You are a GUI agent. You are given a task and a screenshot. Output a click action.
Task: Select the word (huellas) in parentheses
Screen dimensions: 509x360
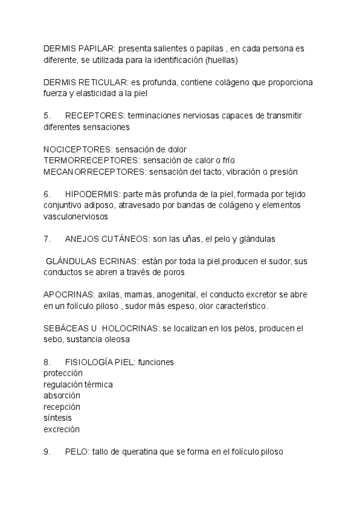(x=221, y=59)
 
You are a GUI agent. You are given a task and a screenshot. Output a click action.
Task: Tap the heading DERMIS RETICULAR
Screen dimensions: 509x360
(x=85, y=82)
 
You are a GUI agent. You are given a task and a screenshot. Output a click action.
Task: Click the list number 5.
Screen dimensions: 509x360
(x=47, y=116)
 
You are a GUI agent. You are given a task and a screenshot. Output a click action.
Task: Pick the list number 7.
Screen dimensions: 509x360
(x=47, y=239)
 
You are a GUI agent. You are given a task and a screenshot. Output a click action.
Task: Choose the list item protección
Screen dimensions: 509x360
(x=63, y=373)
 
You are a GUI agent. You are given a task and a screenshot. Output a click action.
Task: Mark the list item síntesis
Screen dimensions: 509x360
(x=58, y=418)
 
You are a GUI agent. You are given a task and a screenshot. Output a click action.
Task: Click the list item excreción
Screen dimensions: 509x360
(x=61, y=430)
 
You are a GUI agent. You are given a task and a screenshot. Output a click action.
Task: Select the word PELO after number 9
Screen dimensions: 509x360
(x=76, y=453)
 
